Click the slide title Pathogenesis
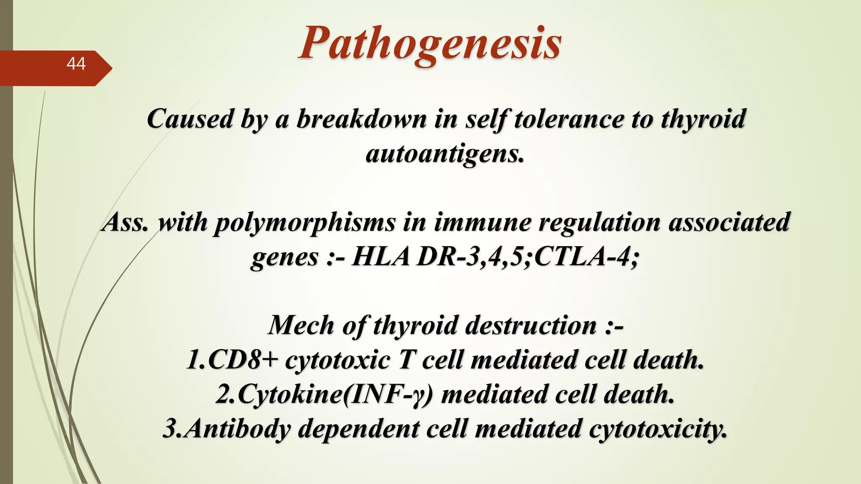[x=430, y=44]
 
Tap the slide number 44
[x=76, y=64]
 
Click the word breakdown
[x=362, y=119]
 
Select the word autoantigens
[x=445, y=154]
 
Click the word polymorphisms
[x=304, y=222]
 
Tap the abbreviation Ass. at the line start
[x=125, y=222]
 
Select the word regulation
[x=600, y=222]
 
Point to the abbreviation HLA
[x=381, y=257]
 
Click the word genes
[x=285, y=258]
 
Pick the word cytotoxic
[x=338, y=361]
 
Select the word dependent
[x=359, y=429]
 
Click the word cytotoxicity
[x=658, y=429]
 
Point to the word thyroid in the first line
[x=703, y=119]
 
